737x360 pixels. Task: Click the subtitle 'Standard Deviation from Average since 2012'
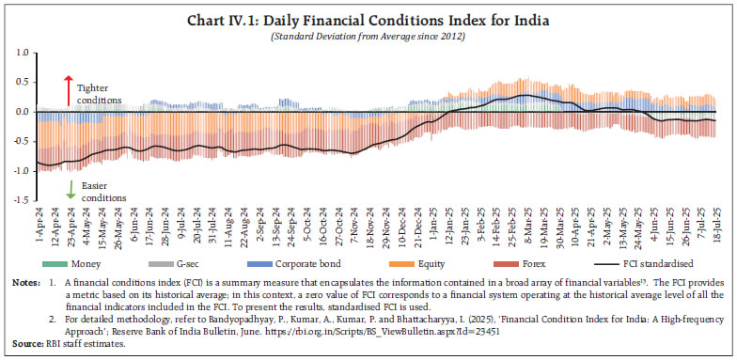click(368, 35)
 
